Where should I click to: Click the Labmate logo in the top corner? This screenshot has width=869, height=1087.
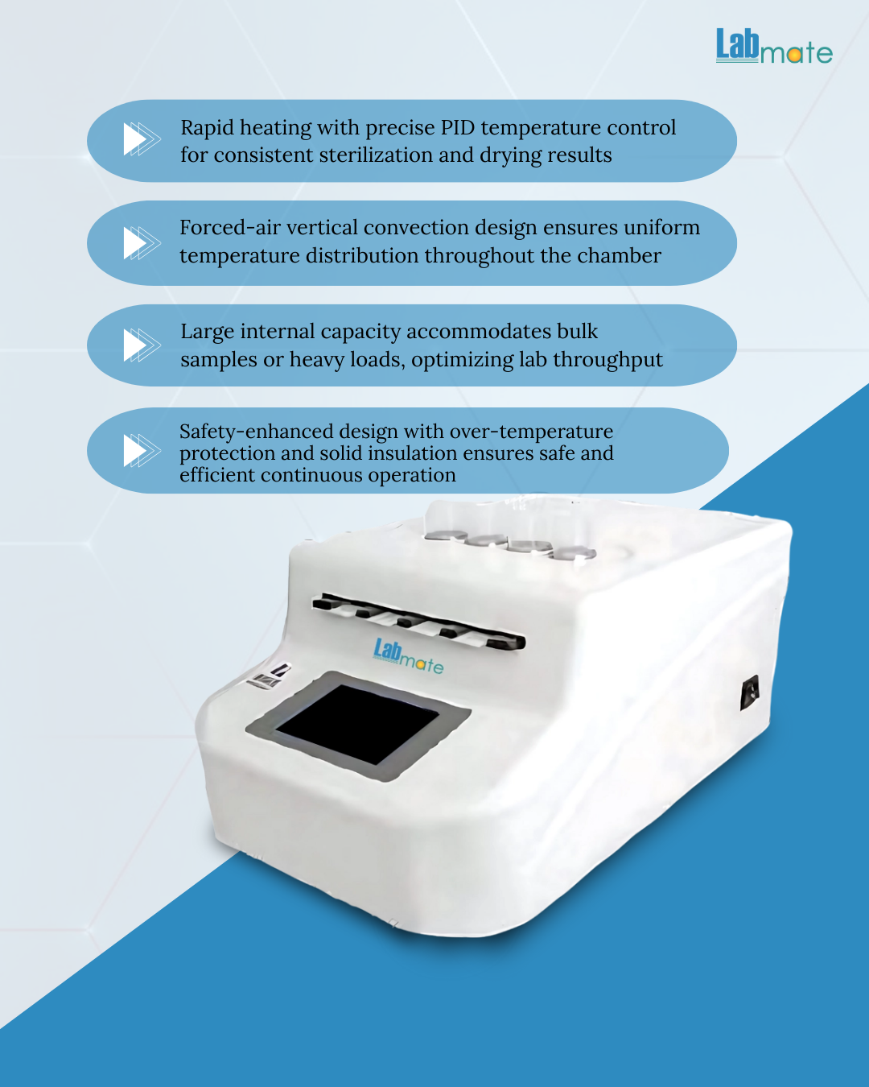click(x=774, y=46)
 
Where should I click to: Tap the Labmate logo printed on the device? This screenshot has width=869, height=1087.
click(x=409, y=656)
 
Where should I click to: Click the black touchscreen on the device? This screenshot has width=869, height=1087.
click(x=356, y=724)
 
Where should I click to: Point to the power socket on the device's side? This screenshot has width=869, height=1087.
click(x=749, y=692)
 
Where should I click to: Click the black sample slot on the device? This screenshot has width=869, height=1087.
click(x=418, y=622)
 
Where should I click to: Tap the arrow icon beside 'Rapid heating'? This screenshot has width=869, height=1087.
click(x=142, y=139)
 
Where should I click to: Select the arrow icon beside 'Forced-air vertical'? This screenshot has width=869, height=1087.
click(x=142, y=243)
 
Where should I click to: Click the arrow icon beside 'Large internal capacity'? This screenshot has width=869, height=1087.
click(x=142, y=345)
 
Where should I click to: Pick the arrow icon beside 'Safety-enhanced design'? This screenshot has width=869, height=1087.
click(x=142, y=450)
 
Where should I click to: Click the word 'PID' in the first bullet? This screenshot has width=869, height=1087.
click(x=458, y=128)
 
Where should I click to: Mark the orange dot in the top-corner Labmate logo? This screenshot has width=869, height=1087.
click(x=794, y=55)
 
